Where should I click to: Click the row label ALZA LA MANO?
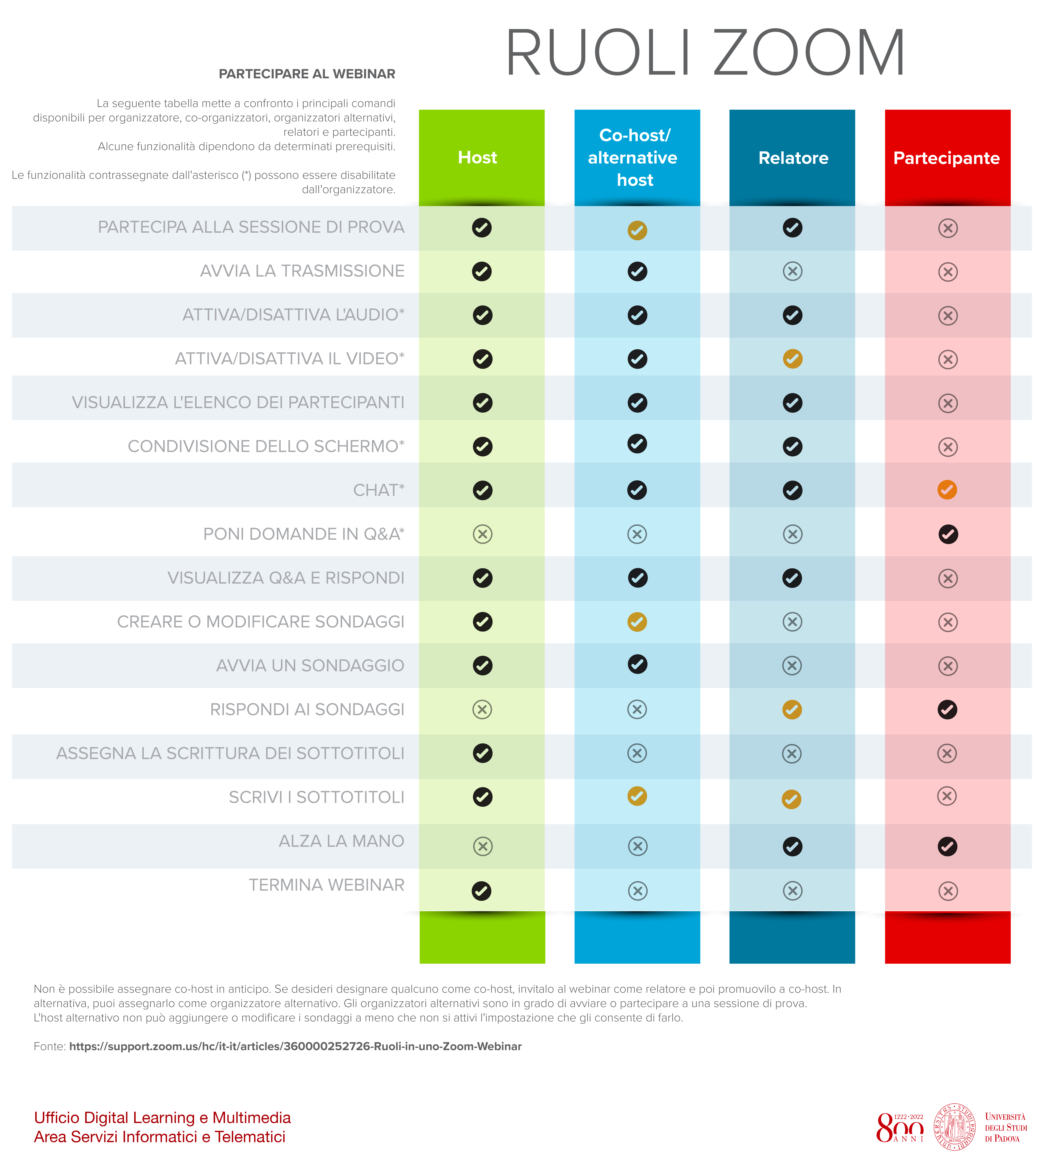341,841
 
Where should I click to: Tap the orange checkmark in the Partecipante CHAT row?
947,490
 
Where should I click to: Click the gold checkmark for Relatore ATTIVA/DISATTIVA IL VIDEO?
793,359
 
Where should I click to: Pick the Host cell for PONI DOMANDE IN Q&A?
482,534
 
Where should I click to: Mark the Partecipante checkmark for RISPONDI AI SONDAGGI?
947,710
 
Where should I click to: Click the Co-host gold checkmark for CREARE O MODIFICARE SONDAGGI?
637,622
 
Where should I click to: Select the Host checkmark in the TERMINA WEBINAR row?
482,890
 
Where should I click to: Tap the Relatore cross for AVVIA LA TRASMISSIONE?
793,271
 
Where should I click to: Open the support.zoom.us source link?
295,1046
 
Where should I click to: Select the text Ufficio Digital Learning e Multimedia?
162,1117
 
